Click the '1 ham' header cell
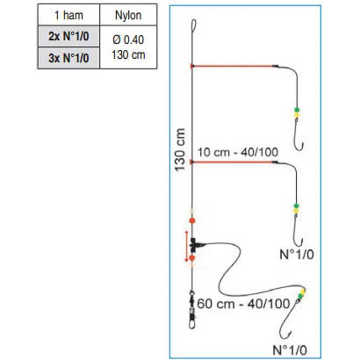68,15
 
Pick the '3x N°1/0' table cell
68,58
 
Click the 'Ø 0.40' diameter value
128,40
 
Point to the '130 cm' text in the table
128,55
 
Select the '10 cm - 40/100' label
238,152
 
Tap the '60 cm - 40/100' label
244,304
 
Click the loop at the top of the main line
193,26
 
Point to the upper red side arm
232,66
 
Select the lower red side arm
232,162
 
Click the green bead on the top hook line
297,110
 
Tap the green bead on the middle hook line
296,206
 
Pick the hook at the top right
299,139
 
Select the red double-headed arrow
186,247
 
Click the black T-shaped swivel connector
196,245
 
